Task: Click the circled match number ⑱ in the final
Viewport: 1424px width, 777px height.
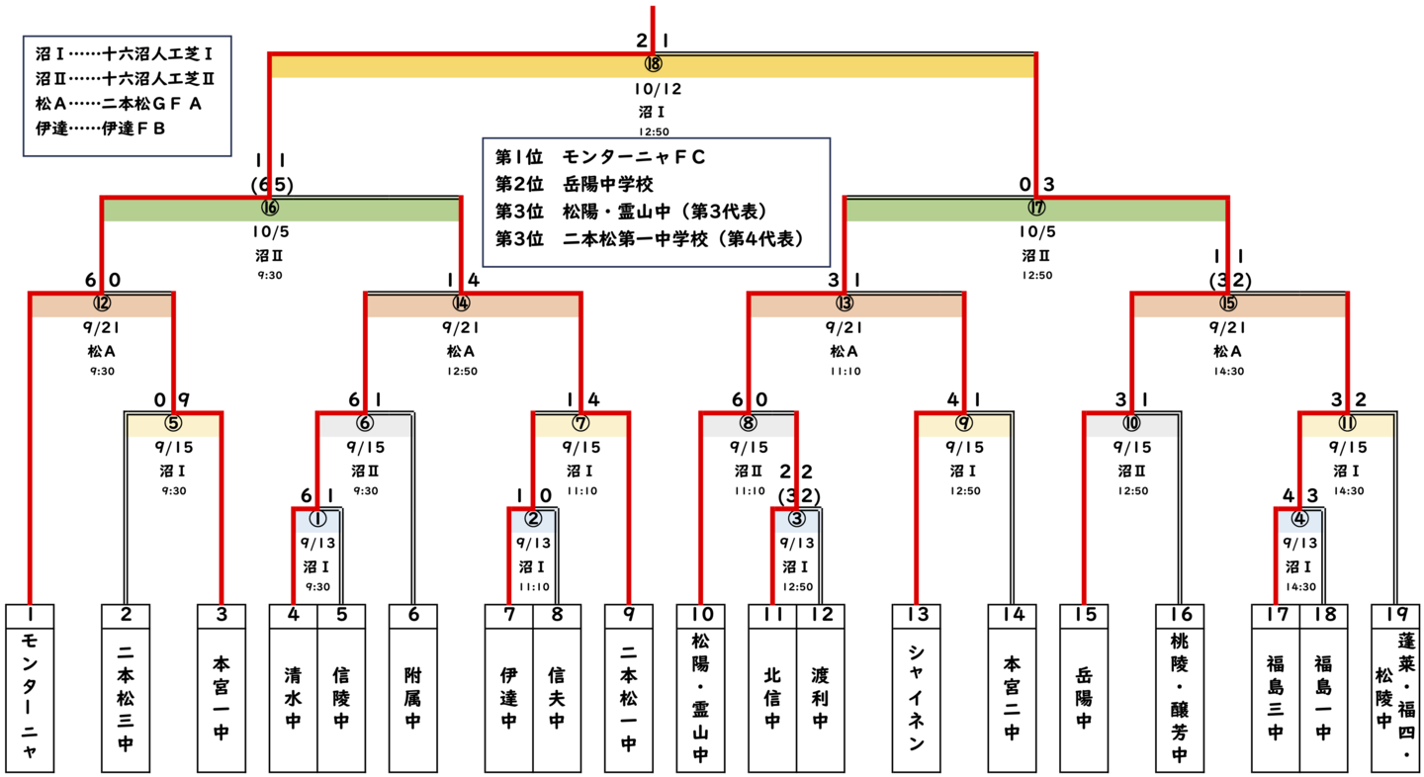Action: coord(653,64)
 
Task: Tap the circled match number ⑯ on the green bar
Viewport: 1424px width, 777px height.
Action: coord(270,208)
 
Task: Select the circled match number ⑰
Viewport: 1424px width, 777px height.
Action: coord(1036,208)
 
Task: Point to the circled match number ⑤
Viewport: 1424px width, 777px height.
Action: coord(174,424)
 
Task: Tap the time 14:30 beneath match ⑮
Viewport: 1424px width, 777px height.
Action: coord(1227,373)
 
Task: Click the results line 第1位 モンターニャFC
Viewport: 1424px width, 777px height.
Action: coord(600,157)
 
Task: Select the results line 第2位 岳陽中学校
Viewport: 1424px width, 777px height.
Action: coord(574,184)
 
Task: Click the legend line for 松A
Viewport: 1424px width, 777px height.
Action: coord(119,103)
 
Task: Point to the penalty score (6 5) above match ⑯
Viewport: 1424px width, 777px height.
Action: coord(270,184)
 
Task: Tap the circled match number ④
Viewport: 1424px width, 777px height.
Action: coord(1300,518)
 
